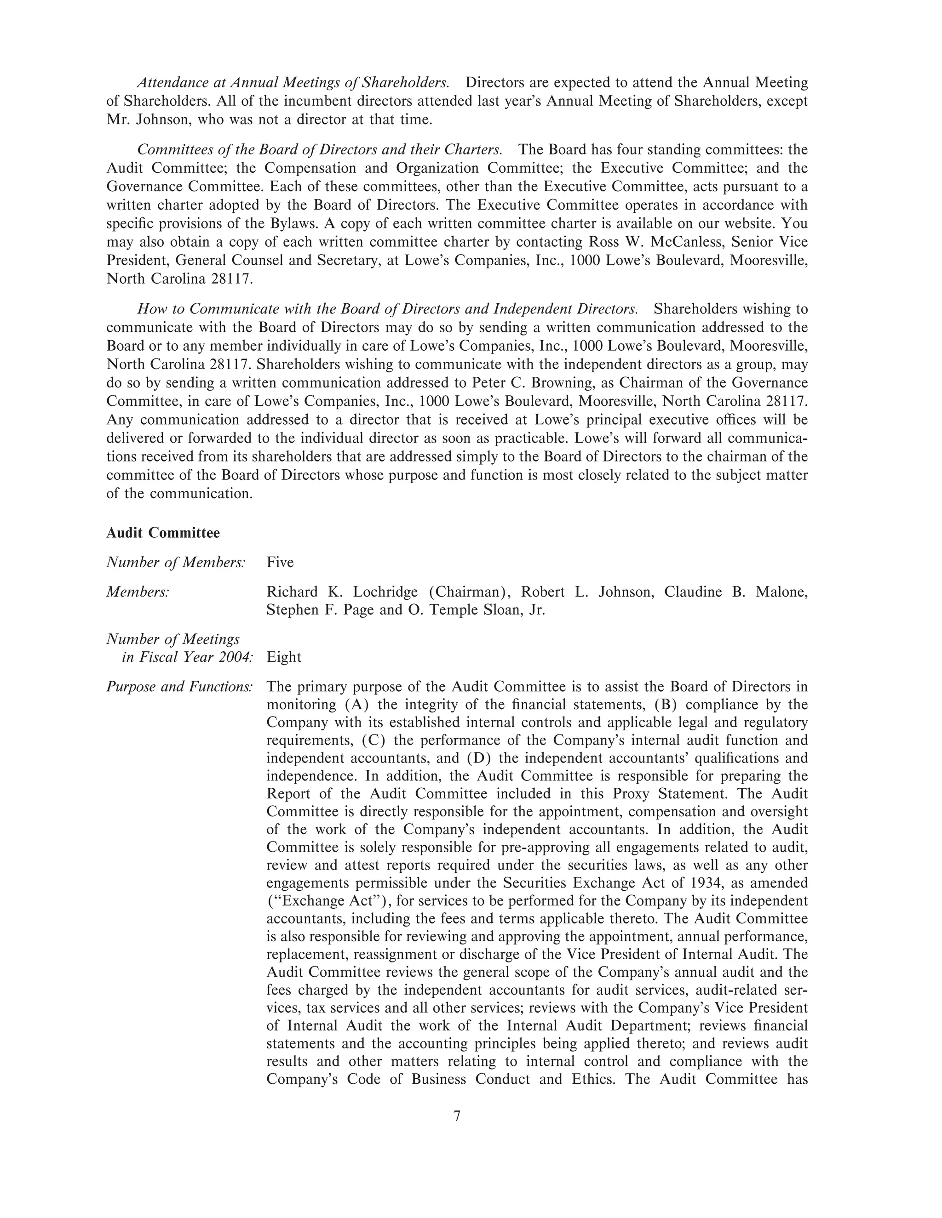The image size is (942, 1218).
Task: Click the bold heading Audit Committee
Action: (163, 533)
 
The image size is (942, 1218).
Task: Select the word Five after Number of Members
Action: (280, 562)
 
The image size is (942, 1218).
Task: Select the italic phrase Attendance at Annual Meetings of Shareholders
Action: (293, 83)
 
